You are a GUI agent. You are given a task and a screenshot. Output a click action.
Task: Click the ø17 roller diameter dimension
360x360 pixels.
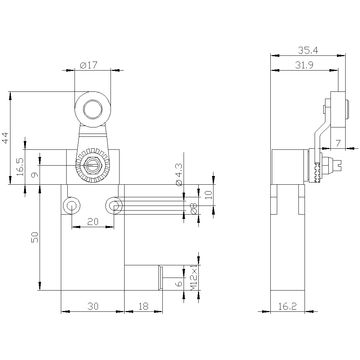pos(89,65)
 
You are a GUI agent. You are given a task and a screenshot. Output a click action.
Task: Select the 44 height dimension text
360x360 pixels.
pos(5,138)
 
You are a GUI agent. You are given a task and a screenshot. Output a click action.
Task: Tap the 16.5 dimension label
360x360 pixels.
pos(20,167)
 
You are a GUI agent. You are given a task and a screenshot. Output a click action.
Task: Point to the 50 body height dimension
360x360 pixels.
pos(35,237)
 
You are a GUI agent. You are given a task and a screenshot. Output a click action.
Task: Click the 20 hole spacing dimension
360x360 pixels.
pos(93,222)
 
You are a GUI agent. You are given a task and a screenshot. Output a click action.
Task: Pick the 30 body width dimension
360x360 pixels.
pos(93,306)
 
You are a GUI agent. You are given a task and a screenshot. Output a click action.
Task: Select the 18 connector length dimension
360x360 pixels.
pos(144,306)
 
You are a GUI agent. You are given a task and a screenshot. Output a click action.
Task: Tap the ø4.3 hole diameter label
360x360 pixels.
pos(179,175)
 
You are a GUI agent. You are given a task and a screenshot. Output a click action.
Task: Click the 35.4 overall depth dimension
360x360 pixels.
pos(308,50)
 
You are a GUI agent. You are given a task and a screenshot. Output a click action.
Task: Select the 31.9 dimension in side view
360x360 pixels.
pos(304,65)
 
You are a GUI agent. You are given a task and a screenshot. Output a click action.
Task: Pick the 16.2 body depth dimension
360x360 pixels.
pos(287,306)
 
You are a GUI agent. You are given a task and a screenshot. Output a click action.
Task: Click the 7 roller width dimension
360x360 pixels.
pos(338,143)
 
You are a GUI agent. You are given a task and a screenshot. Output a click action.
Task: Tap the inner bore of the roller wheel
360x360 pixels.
pos(93,109)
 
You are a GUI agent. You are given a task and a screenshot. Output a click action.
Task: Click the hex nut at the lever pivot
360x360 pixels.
pos(93,165)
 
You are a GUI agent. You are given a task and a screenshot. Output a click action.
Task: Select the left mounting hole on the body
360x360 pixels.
pos(72,206)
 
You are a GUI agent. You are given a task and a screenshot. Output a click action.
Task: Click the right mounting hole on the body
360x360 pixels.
pos(114,206)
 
